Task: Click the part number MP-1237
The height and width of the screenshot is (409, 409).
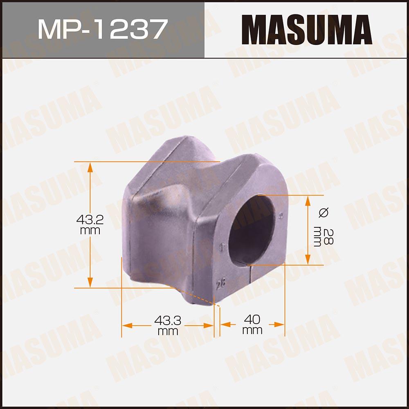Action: coord(103,29)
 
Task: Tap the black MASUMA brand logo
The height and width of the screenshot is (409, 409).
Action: coord(307,30)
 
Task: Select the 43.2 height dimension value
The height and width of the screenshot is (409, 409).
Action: coord(90,220)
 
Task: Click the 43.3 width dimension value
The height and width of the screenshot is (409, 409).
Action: coord(168,320)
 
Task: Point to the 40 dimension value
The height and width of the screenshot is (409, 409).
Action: coord(252,319)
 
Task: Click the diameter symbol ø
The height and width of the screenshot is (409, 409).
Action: coord(324,212)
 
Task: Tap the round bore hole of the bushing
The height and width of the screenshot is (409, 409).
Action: coord(252,229)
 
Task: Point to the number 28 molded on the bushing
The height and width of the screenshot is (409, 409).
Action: coord(221,284)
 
